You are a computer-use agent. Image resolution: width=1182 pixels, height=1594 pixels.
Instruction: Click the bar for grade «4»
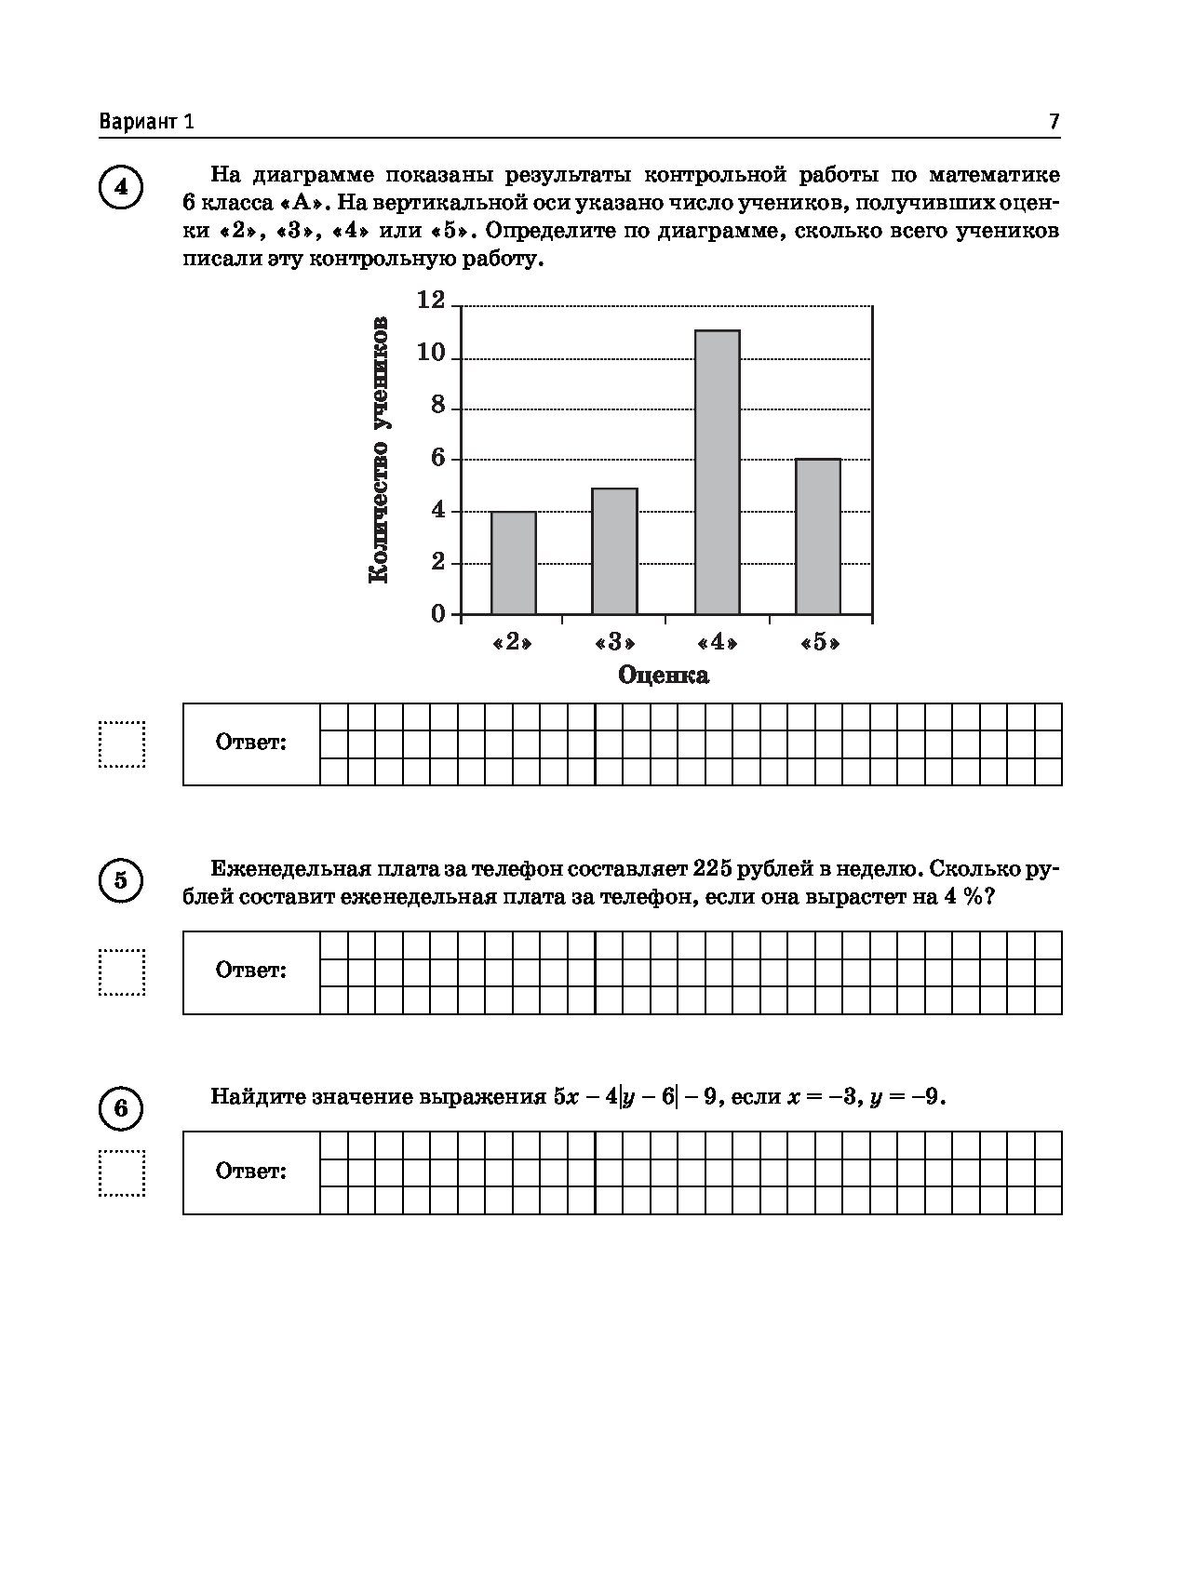coord(717,472)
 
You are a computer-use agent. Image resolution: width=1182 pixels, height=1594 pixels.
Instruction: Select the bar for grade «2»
coord(514,562)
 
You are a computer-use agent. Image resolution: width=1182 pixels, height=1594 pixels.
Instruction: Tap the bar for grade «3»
coord(614,551)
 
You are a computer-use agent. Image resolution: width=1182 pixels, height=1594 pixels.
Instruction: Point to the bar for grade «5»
coord(818,536)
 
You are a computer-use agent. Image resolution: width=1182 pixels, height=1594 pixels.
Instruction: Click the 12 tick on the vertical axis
coord(433,300)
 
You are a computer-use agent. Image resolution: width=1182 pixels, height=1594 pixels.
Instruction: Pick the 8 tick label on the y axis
coord(437,408)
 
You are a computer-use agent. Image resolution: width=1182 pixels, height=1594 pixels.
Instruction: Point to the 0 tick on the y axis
coord(437,614)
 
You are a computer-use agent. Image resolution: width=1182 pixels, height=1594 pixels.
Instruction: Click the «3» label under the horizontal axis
coord(614,643)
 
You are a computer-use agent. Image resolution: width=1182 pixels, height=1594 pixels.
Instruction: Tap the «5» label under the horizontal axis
coord(819,643)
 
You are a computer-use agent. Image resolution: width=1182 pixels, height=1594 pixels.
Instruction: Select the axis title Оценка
coord(663,676)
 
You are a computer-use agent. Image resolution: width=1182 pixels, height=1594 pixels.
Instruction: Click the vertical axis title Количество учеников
coord(379,450)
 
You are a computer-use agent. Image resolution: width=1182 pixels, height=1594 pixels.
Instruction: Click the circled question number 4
coord(120,188)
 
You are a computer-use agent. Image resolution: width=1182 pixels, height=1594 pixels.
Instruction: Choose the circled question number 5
coord(120,880)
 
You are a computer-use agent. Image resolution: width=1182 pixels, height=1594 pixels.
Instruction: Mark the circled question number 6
coord(120,1108)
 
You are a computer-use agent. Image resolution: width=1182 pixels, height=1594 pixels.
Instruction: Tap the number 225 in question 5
coord(713,869)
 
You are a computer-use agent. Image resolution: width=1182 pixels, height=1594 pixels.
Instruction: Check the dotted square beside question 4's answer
coord(122,744)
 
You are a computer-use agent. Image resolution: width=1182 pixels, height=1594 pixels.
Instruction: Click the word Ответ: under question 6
coord(251,1171)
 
